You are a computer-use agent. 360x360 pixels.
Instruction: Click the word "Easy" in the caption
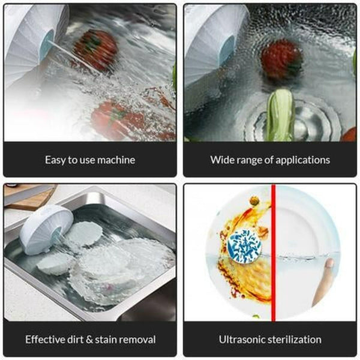coord(55,160)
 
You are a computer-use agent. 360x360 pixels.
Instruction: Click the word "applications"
coord(303,160)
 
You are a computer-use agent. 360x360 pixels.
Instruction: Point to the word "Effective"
coord(46,340)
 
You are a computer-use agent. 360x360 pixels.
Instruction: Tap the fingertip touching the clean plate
coord(329,264)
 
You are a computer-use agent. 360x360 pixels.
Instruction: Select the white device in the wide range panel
coord(210,42)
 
